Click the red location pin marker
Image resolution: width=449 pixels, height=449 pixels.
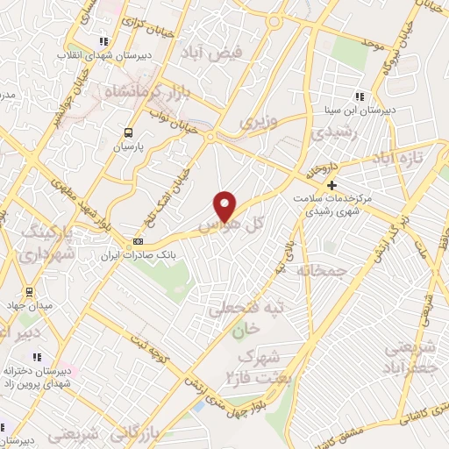(225, 206)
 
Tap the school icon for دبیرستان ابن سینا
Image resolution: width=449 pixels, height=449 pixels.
(358, 97)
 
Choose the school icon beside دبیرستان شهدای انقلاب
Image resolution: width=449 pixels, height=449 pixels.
(103, 41)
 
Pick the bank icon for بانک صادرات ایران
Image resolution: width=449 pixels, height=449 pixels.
(137, 241)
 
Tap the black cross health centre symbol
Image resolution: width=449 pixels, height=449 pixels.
(331, 185)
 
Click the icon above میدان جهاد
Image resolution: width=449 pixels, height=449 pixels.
(30, 292)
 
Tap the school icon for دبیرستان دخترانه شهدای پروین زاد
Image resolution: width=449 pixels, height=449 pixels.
(37, 358)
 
